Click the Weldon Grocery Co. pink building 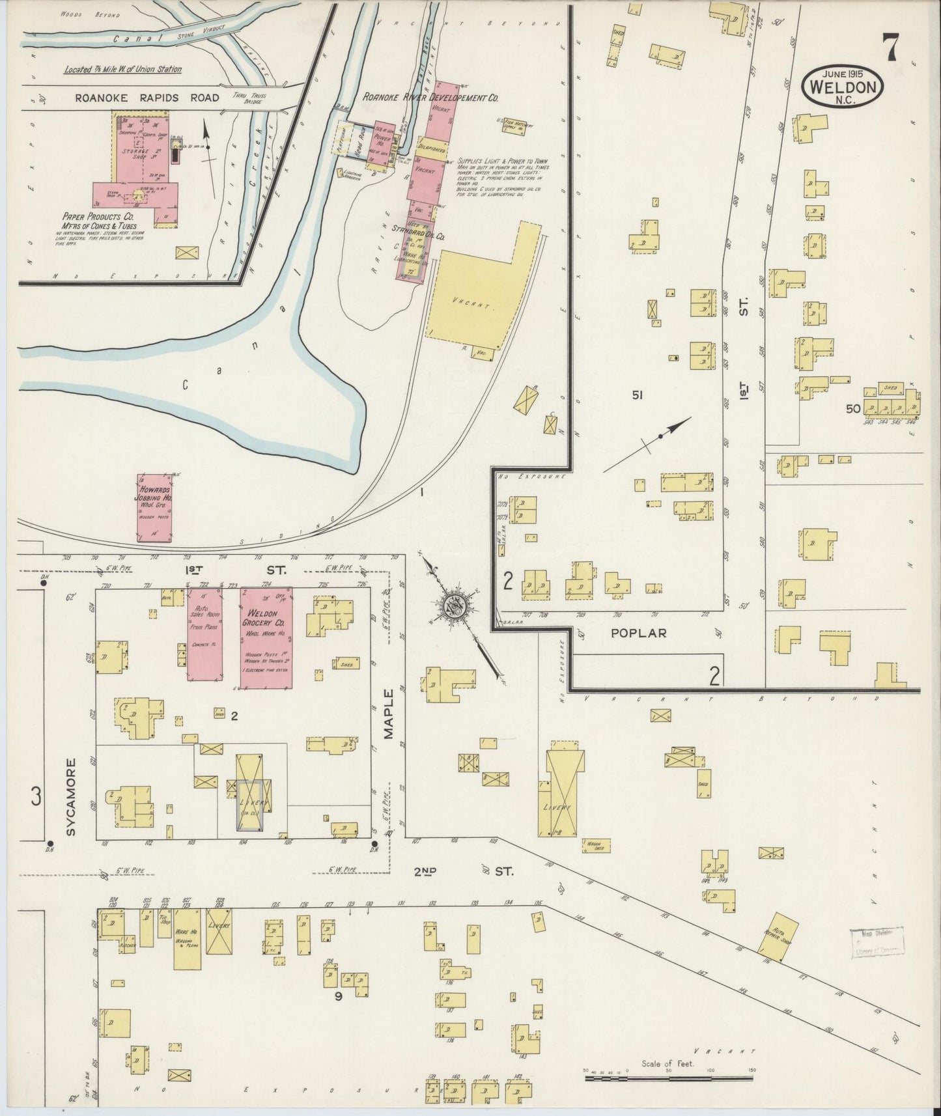coord(266,638)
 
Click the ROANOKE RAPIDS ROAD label coord(147,98)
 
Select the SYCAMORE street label coord(71,796)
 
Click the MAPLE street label coord(389,714)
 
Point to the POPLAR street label coord(638,632)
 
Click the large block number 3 coord(36,796)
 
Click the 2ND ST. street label coord(463,871)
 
